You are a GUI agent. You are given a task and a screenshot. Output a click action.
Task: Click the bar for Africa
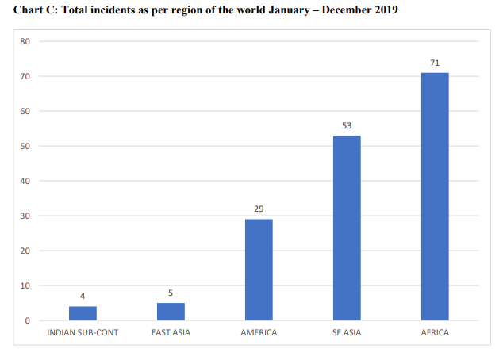point(435,197)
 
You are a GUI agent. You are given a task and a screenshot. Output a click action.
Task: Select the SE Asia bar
point(347,228)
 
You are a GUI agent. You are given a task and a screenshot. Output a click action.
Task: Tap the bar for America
point(259,270)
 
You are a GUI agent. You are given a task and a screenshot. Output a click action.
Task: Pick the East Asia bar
point(171,312)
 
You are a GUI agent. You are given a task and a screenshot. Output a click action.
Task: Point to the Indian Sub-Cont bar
point(83,313)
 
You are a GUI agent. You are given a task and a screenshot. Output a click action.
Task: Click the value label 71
point(435,63)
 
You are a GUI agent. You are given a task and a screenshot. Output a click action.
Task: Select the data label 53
point(347,125)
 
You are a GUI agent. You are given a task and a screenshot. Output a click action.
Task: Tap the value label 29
point(259,209)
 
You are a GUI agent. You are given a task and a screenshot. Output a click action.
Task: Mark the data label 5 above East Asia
point(171,293)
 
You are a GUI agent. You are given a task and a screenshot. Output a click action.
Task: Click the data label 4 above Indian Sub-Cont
point(83,297)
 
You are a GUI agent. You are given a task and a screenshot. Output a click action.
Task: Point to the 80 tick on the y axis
point(25,42)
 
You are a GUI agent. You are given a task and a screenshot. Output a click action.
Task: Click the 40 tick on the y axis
point(25,181)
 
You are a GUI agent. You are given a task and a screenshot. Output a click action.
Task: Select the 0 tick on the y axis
point(28,320)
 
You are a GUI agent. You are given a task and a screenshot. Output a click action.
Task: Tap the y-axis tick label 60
point(25,111)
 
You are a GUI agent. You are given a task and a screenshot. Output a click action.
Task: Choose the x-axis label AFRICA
point(435,333)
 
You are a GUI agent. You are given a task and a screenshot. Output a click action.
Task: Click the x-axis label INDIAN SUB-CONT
point(83,333)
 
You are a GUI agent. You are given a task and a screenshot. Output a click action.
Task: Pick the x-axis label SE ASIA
point(347,333)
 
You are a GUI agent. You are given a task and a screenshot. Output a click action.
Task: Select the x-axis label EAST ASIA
point(171,333)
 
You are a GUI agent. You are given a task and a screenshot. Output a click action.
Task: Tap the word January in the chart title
point(290,10)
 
